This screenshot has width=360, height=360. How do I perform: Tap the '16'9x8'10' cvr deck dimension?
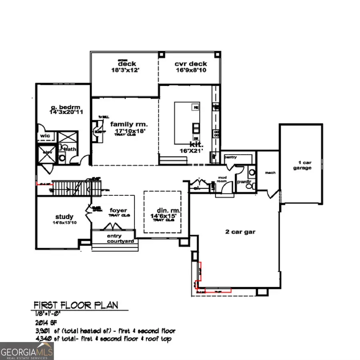tap(190, 70)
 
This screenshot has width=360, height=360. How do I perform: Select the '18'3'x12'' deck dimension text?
tap(127, 70)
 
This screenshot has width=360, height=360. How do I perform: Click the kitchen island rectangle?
tap(187, 123)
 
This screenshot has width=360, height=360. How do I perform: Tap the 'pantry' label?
tap(231, 157)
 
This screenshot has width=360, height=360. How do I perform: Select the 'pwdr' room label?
tap(244, 181)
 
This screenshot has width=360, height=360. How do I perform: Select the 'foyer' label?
tap(118, 210)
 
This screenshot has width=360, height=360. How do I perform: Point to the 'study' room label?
tap(65, 217)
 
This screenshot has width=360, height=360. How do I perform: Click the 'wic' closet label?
tap(45, 136)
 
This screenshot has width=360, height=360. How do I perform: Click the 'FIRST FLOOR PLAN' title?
tap(76, 305)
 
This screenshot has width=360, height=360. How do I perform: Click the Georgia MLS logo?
tap(27, 351)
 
